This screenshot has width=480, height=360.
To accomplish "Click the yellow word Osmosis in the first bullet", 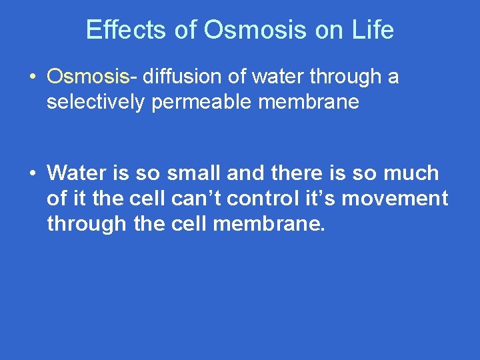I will pyautogui.click(x=87, y=77).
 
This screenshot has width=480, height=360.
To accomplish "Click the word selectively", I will pyautogui.click(x=95, y=102).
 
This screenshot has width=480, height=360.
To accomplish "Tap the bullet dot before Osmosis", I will pyautogui.click(x=32, y=78).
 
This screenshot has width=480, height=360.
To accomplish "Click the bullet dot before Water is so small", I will pyautogui.click(x=32, y=174).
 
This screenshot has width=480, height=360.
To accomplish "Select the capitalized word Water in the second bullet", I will pyautogui.click(x=73, y=173).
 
